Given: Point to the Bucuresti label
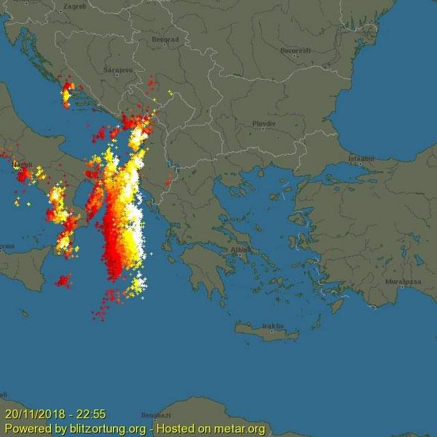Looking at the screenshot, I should pyautogui.click(x=295, y=51).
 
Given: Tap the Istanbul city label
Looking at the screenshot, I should pyautogui.click(x=362, y=158).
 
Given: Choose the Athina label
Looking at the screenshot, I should pyautogui.click(x=240, y=250).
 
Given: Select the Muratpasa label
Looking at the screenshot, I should pyautogui.click(x=401, y=281).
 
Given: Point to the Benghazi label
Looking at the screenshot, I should pyautogui.click(x=156, y=415).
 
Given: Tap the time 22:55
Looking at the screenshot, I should pyautogui.click(x=90, y=414).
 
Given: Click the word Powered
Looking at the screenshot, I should pyautogui.click(x=27, y=429).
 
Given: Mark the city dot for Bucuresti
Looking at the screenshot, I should pyautogui.click(x=295, y=57).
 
